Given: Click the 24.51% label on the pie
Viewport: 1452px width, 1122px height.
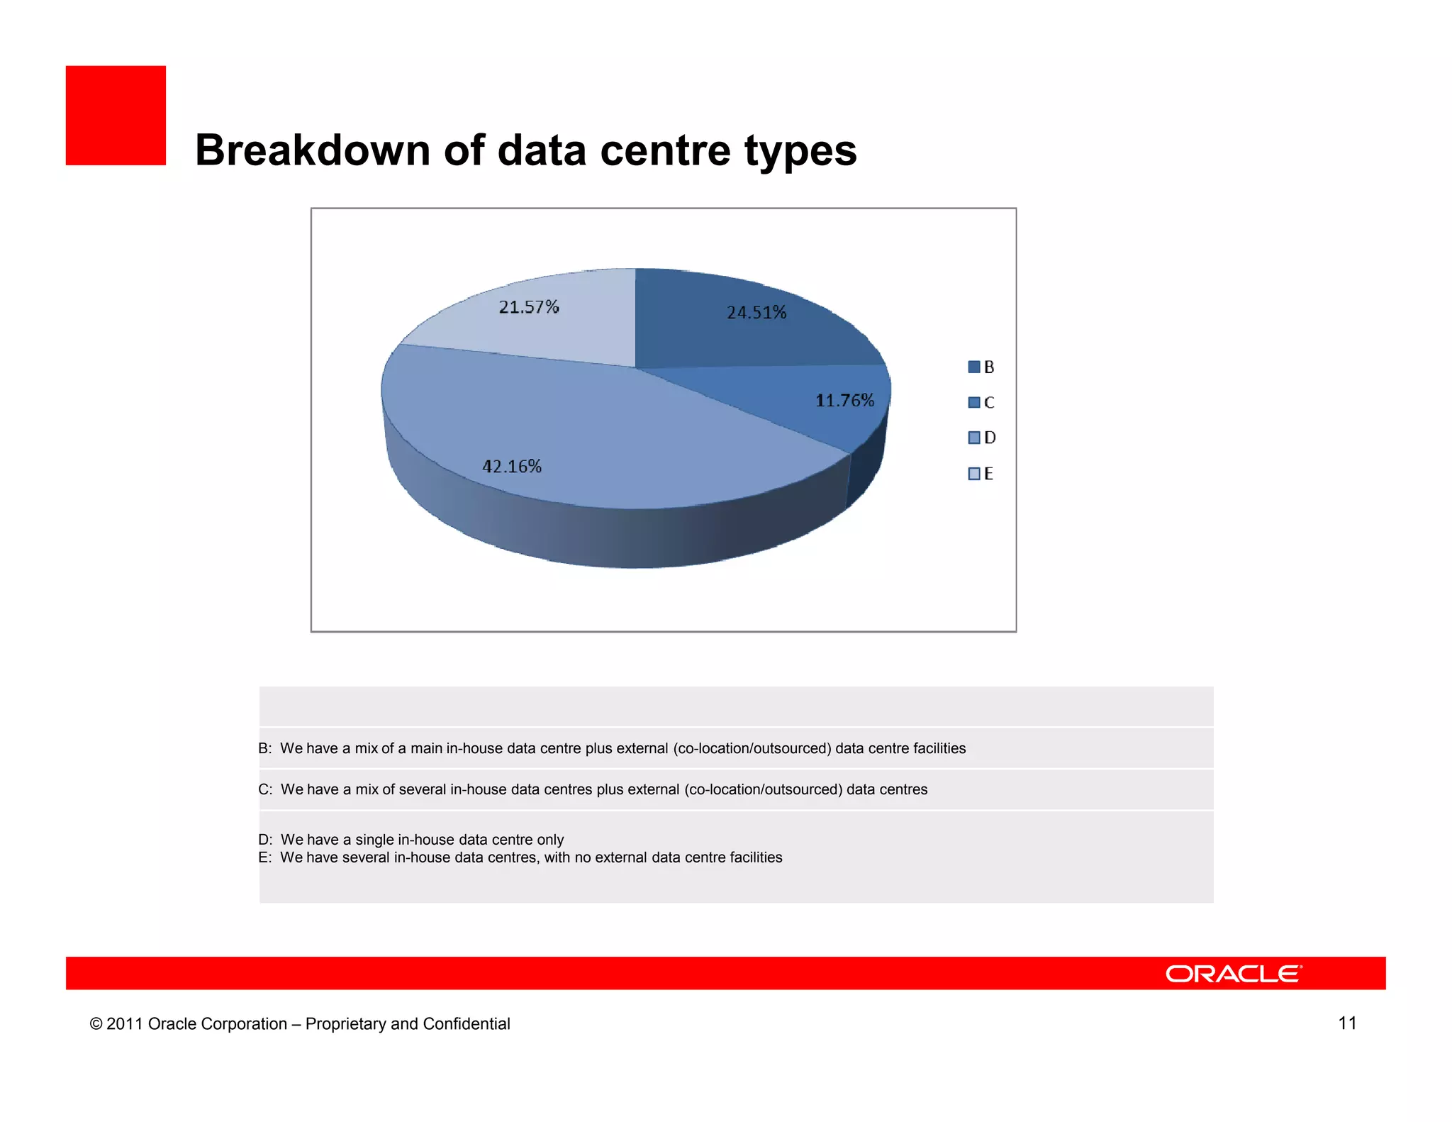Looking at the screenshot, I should click(x=756, y=313).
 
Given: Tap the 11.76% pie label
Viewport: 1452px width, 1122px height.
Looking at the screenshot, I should click(x=844, y=401).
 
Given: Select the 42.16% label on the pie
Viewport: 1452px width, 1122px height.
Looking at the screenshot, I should click(x=512, y=467).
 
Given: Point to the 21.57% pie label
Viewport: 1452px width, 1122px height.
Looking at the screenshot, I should click(x=529, y=307).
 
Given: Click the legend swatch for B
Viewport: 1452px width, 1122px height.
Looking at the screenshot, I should click(x=974, y=367).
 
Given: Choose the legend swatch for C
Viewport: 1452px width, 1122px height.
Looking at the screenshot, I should click(x=974, y=402).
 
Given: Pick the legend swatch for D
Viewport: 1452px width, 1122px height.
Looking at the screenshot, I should click(x=974, y=438).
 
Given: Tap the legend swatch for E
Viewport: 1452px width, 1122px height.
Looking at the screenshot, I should click(x=974, y=473).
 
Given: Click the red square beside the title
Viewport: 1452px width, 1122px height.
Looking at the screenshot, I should click(x=116, y=116).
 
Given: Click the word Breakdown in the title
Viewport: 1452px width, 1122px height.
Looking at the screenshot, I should click(x=313, y=150).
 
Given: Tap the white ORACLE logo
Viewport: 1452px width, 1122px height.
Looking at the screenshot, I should click(x=1233, y=974).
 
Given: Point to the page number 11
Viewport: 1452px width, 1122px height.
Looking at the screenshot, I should click(x=1347, y=1023).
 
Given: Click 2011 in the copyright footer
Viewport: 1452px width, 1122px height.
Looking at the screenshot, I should click(x=125, y=1024).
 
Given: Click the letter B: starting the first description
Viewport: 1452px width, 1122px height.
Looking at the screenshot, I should click(x=264, y=748).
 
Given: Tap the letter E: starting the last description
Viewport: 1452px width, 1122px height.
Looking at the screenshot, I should click(x=264, y=857).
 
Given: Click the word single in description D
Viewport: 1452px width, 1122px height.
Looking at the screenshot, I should click(x=374, y=840).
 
